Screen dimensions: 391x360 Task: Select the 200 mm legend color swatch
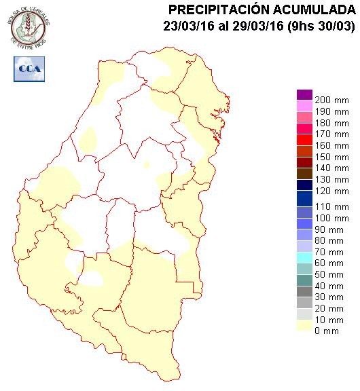point(304,95)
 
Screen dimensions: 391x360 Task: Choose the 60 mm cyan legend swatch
point(304,257)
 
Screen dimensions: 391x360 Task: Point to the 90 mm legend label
point(331,230)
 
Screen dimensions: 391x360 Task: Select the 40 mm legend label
point(331,286)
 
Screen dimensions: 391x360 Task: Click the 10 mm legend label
point(331,319)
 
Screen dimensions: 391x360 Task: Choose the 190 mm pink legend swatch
point(304,106)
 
